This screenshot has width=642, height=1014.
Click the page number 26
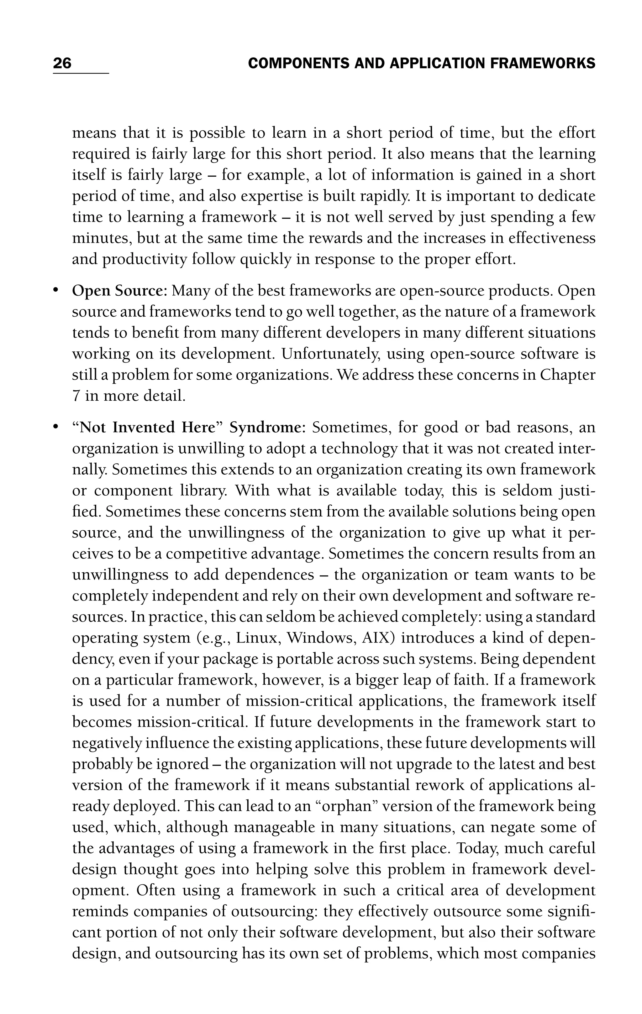click(x=62, y=64)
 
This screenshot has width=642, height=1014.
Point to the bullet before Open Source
click(x=55, y=291)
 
